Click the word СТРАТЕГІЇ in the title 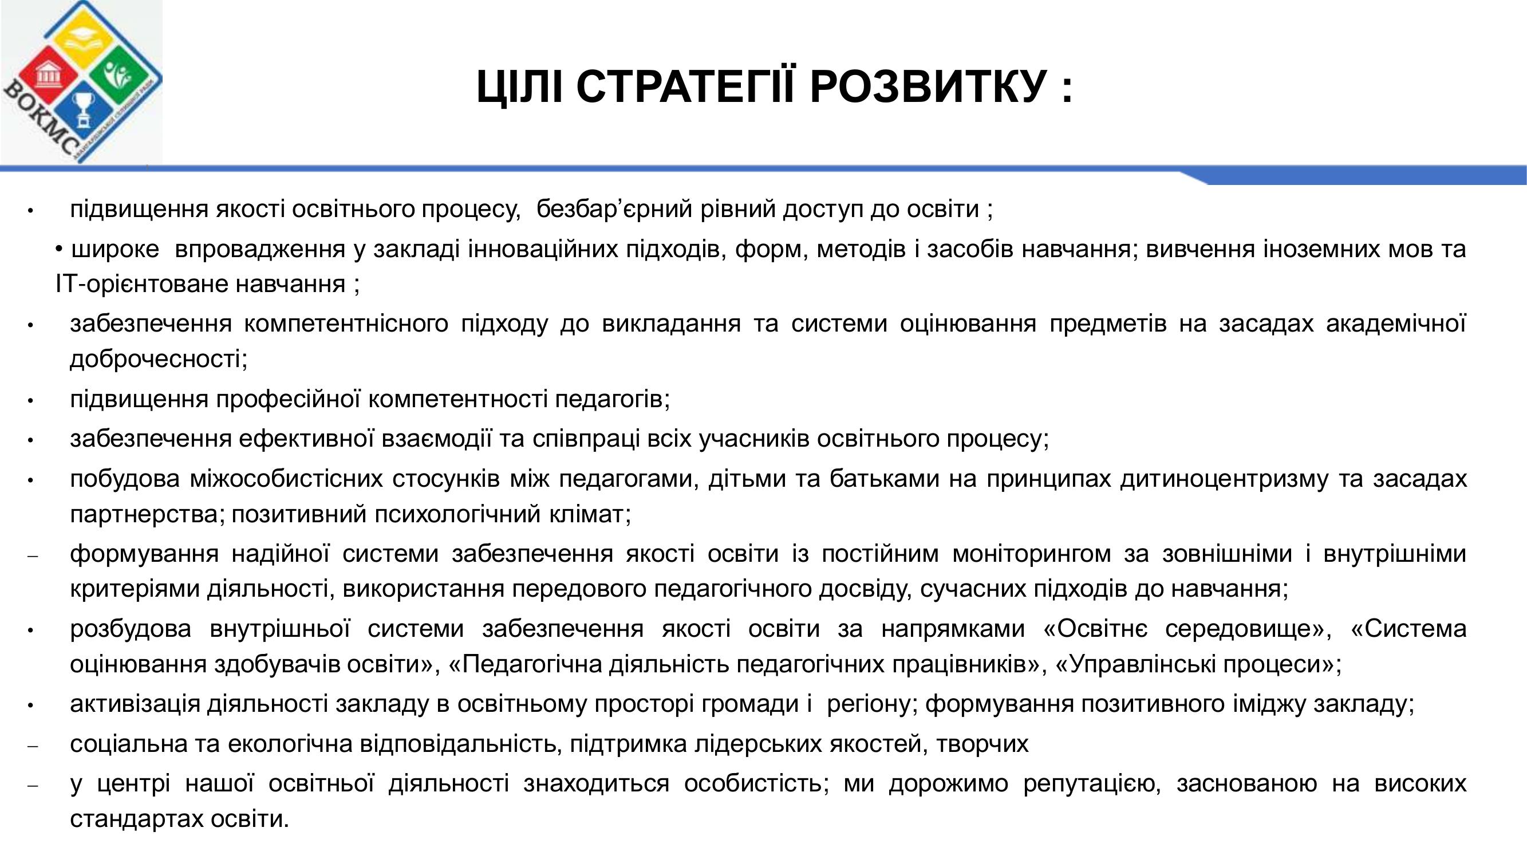[688, 86]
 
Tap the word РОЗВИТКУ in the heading [928, 86]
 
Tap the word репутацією [1091, 785]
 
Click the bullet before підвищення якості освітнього [30, 211]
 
